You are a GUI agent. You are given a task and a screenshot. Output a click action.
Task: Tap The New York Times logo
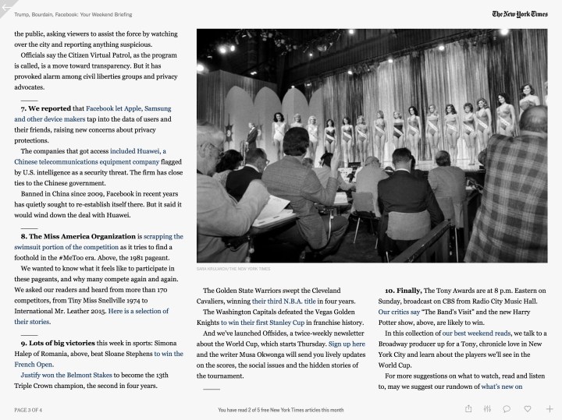[x=519, y=14]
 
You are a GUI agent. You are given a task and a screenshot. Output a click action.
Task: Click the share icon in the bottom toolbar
[x=468, y=408]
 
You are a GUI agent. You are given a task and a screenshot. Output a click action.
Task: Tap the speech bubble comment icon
[x=507, y=408]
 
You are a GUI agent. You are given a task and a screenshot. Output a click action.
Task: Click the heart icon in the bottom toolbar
[x=528, y=408]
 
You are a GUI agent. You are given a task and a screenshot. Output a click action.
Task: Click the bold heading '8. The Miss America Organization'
[x=78, y=235]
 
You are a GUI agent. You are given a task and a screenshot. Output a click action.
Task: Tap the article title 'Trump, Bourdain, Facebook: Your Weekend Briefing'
[x=73, y=14]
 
